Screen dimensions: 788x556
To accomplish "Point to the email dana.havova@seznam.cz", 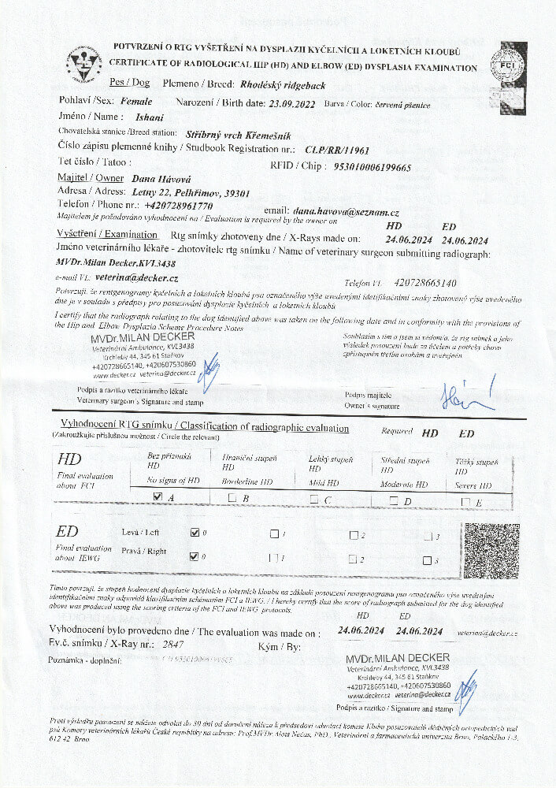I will (346, 212).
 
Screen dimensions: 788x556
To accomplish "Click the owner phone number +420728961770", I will (162, 204).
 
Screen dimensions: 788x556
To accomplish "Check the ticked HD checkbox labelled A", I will (158, 497).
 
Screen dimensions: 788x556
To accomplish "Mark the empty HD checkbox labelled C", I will (313, 499).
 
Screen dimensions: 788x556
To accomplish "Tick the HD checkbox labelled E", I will (465, 502).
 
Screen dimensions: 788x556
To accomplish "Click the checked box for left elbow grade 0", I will (195, 533).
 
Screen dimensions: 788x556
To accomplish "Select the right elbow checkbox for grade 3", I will (427, 561).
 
